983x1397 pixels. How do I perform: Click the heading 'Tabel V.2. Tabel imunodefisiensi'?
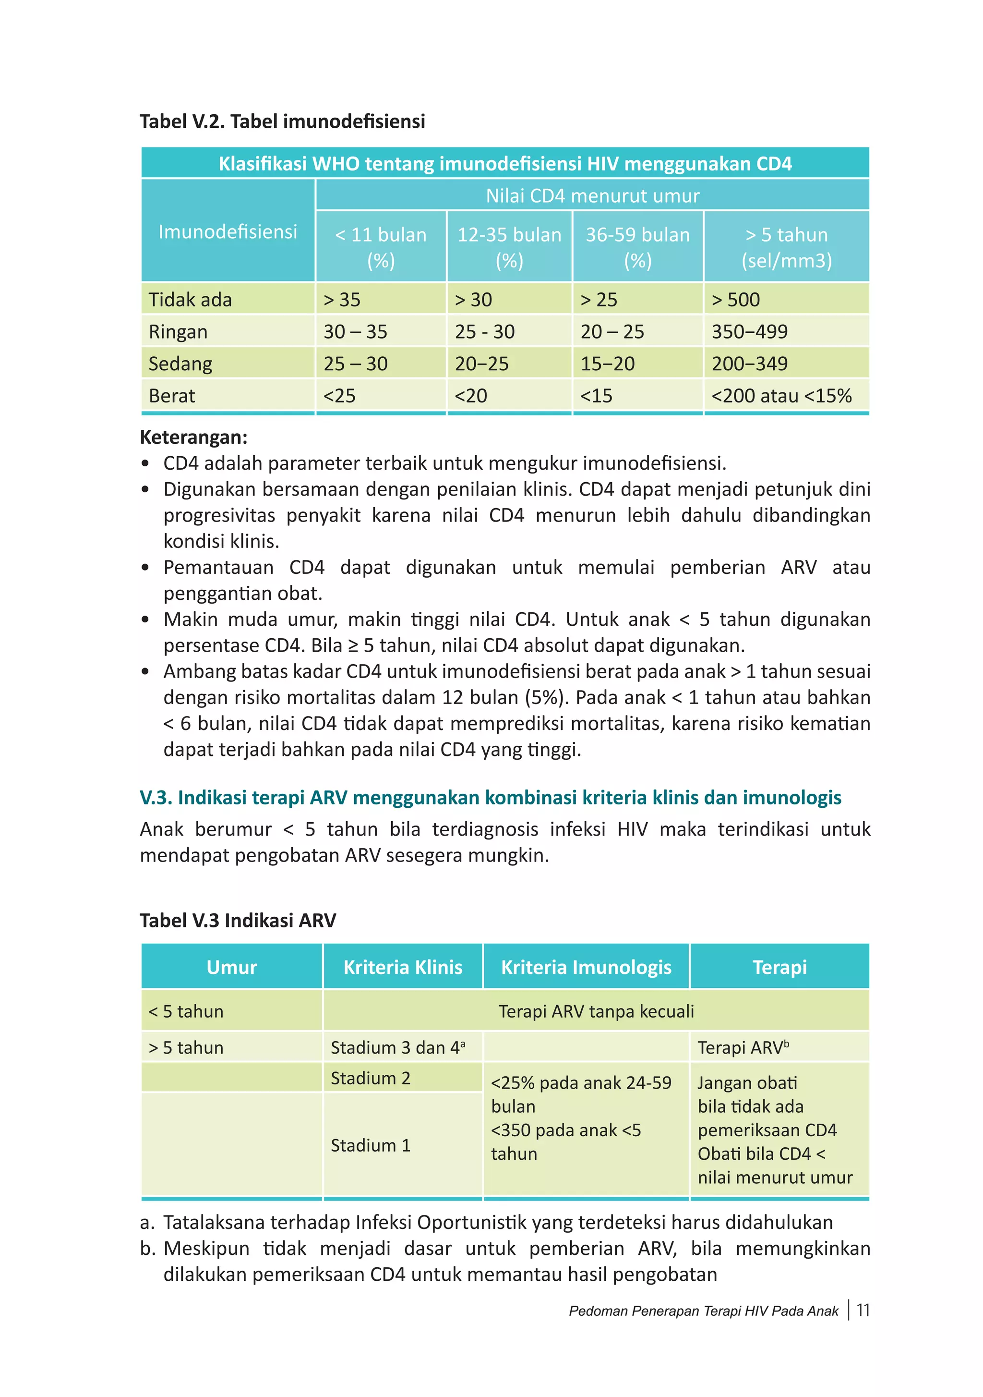[282, 121]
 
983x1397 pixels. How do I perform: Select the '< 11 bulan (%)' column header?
[381, 247]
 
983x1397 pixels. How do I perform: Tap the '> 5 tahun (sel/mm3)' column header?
[786, 247]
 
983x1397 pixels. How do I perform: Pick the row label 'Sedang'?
[180, 364]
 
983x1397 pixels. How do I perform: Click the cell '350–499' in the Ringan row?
[749, 332]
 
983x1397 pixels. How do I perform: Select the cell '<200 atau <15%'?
[781, 396]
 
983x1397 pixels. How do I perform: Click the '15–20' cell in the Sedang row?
[607, 364]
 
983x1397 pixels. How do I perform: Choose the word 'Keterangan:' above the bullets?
[193, 437]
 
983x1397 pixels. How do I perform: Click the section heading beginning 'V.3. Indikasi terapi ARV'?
[490, 797]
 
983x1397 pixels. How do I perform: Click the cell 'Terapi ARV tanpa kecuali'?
[596, 1011]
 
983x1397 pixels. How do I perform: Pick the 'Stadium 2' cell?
[371, 1078]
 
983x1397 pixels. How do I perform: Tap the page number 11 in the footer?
[863, 1310]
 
